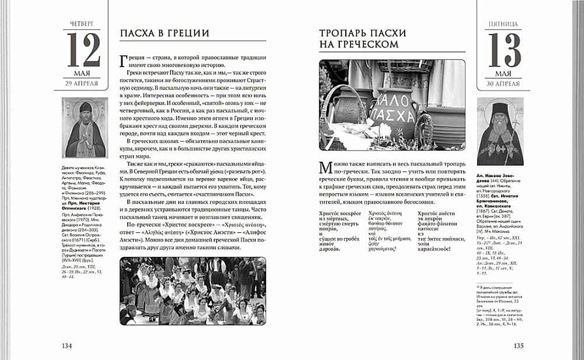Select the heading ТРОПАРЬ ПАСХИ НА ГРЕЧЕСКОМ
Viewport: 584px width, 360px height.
pos(359,38)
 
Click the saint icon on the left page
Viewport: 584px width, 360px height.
pos(84,128)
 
